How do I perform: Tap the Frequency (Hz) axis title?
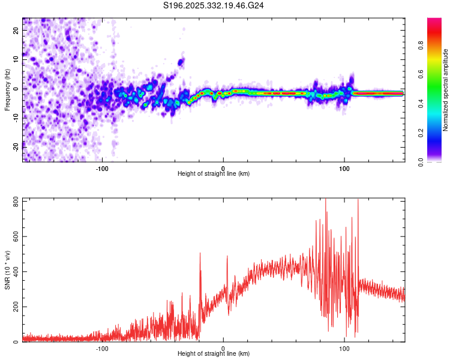coord(7,88)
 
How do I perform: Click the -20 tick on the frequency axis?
coord(16,146)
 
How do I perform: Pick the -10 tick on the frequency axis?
coord(16,117)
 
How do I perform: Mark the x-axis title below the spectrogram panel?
coord(214,173)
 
